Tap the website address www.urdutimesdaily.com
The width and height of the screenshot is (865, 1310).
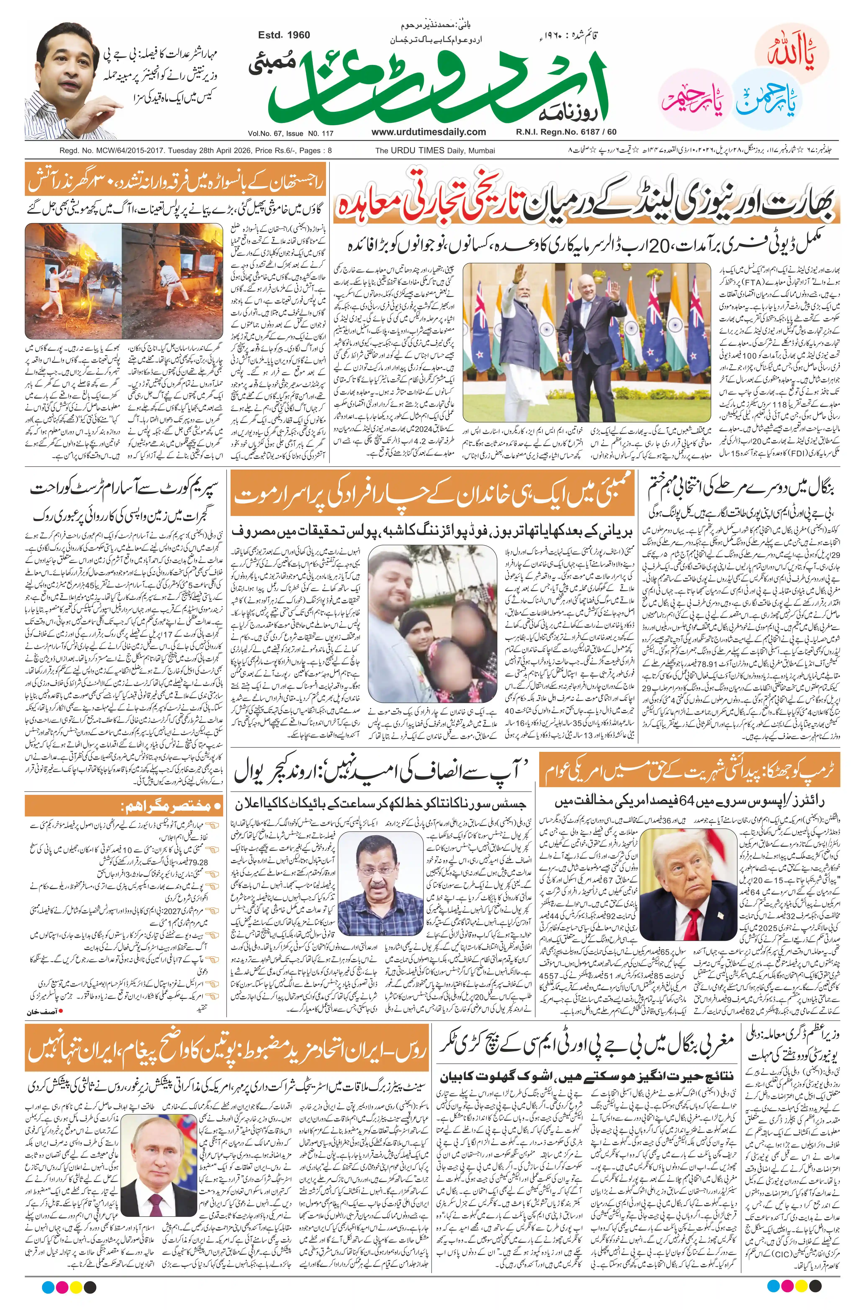[429, 132]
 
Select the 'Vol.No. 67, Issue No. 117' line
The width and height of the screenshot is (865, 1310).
[291, 133]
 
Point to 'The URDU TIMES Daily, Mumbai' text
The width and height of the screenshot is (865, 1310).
[435, 151]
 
